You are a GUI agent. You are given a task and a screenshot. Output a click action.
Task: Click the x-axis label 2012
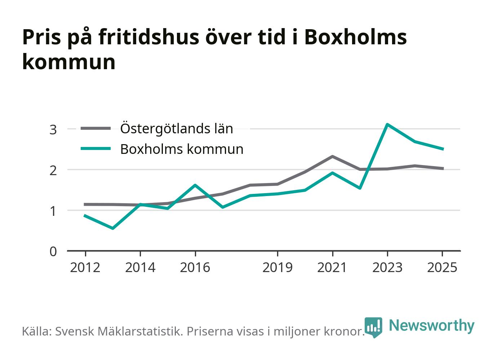(85, 267)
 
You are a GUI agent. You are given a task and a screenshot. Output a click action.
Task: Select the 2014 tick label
(140, 267)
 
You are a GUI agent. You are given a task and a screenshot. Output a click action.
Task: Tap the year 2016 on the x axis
(195, 267)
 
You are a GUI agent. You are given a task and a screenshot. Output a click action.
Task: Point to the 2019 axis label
(277, 267)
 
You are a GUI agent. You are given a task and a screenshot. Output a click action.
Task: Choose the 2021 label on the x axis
(332, 267)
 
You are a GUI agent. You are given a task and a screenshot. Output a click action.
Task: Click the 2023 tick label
(387, 267)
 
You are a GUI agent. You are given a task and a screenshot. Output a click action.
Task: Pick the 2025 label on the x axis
(442, 267)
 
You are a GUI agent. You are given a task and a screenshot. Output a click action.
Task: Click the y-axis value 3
(53, 130)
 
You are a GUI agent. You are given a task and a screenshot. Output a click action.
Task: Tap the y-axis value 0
(53, 252)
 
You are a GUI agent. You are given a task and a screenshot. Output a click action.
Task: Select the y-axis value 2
(53, 171)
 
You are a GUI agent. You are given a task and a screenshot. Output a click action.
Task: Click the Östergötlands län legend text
(177, 128)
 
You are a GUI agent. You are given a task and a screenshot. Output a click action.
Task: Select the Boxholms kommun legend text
(182, 149)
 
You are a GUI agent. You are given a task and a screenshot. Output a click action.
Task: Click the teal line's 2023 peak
(387, 124)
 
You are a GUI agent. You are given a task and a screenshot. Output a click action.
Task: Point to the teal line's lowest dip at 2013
(113, 228)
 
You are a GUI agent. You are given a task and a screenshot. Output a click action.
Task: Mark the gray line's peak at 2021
(332, 156)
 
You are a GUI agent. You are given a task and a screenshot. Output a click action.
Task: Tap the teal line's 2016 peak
(195, 185)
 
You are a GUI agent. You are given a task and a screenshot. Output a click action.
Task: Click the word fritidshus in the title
(149, 37)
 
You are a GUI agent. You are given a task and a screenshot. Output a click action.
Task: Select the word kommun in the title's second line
(69, 62)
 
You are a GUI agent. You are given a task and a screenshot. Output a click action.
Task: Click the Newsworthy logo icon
(373, 327)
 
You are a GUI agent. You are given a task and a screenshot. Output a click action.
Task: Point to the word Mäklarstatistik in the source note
(140, 331)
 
